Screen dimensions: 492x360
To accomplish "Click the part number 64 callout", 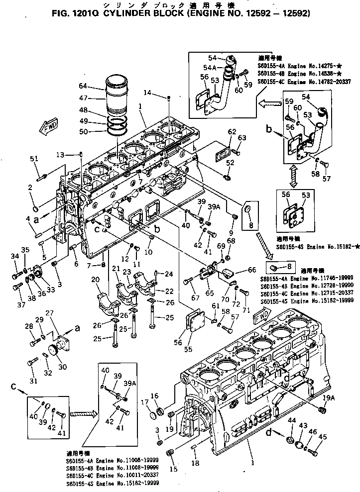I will pyautogui.click(x=83, y=86).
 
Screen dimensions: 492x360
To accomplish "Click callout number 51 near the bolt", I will pyautogui.click(x=34, y=159).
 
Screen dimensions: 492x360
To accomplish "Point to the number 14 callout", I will pyautogui.click(x=147, y=93).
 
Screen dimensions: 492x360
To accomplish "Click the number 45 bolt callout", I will pyautogui.click(x=323, y=437).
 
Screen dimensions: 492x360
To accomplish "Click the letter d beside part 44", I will pyautogui.click(x=269, y=433).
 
